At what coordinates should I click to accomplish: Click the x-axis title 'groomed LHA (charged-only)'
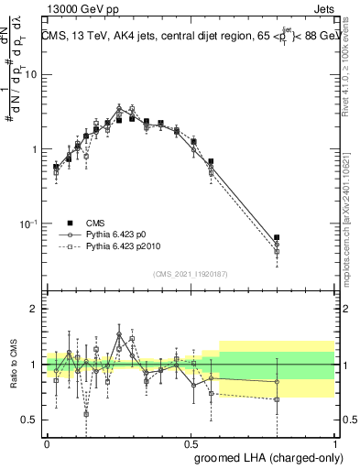(265, 457)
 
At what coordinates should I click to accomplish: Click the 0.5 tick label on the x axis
(191, 442)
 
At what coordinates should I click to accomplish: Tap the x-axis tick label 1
(334, 442)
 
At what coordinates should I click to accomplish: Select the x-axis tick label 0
(48, 442)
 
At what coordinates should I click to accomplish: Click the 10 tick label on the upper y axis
(31, 75)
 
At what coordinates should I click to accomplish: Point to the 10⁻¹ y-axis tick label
(29, 224)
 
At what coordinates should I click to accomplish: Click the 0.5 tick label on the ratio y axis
(31, 420)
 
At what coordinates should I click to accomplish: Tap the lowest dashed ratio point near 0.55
(86, 413)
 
